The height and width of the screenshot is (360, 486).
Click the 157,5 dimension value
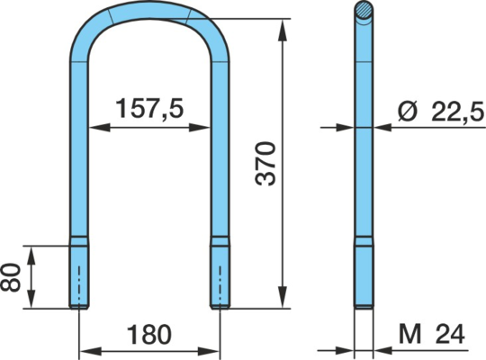click(149, 108)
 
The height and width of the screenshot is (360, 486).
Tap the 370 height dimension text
click(265, 164)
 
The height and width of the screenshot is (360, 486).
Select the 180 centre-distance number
click(149, 335)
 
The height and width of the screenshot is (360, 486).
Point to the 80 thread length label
click(10, 277)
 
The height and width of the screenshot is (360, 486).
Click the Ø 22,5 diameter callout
click(440, 112)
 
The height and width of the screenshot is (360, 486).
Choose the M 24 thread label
click(432, 334)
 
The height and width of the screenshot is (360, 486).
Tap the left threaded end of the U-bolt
click(78, 273)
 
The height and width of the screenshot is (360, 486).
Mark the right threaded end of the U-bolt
click(220, 273)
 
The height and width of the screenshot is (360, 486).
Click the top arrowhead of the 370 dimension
click(283, 30)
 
